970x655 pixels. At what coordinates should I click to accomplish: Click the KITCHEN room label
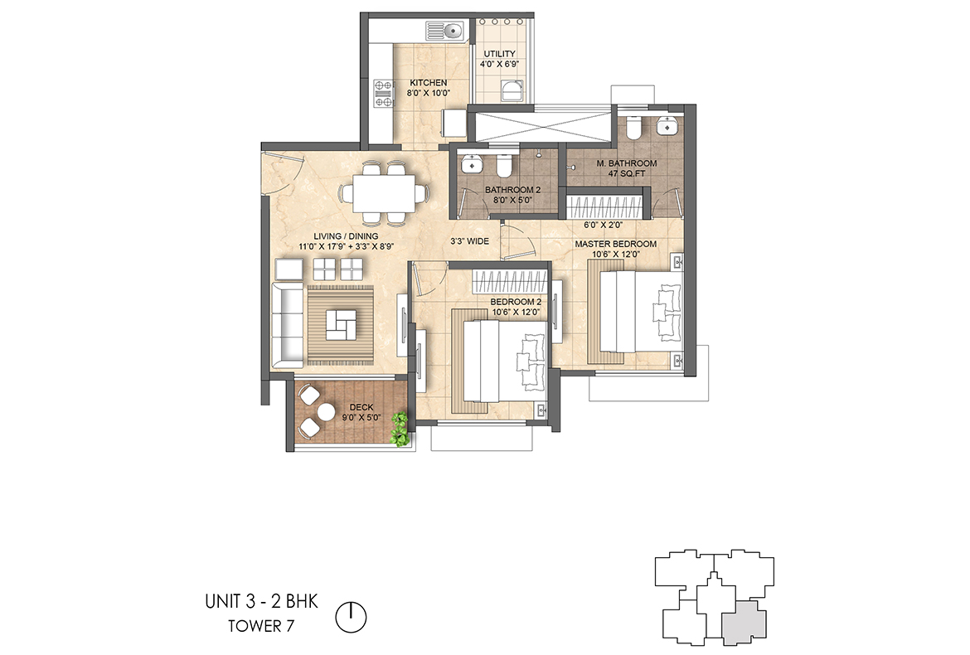(429, 83)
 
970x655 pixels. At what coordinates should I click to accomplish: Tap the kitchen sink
(444, 32)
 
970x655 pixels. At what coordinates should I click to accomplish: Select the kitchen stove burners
(384, 94)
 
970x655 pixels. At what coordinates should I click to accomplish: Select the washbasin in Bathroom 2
(471, 164)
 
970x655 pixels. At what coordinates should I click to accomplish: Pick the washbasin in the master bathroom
(666, 126)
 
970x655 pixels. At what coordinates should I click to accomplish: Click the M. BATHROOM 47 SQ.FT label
(627, 169)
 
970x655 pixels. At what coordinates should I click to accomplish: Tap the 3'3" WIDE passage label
(469, 241)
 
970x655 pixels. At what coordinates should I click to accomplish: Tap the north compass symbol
(352, 616)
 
